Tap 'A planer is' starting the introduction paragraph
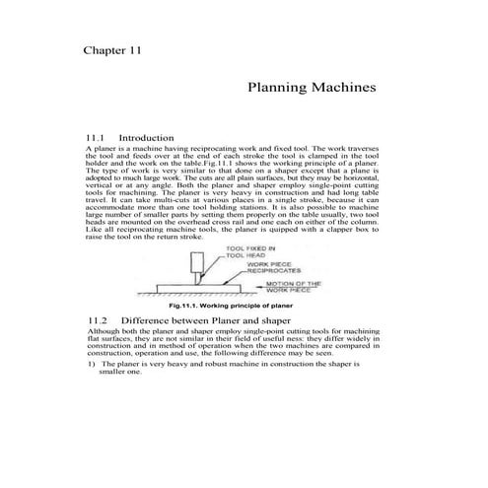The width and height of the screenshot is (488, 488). pyautogui.click(x=105, y=147)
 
